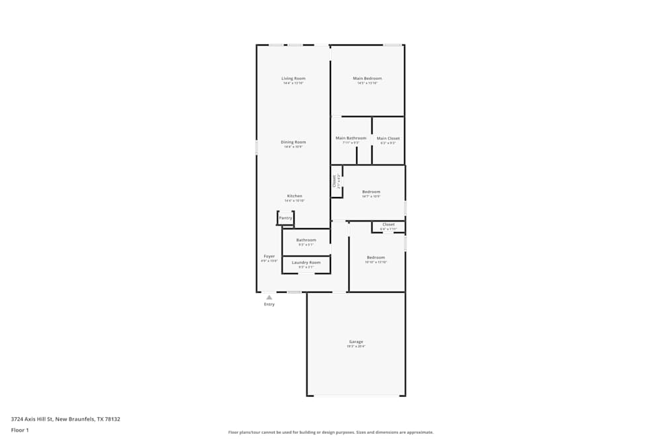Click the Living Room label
click(x=293, y=79)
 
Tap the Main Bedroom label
click(x=367, y=79)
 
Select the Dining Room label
click(x=293, y=142)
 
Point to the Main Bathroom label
click(x=351, y=138)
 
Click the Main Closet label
click(x=388, y=138)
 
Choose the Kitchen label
click(x=295, y=196)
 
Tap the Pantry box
click(x=285, y=218)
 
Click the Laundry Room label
click(x=306, y=262)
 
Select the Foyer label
click(x=269, y=257)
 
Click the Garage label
click(x=356, y=342)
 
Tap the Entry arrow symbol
click(x=269, y=298)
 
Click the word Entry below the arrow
click(x=269, y=304)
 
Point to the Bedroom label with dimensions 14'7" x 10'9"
click(x=371, y=192)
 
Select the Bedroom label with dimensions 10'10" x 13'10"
click(x=376, y=257)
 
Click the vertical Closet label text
click(x=335, y=181)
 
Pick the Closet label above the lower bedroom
click(x=389, y=225)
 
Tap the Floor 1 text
click(x=20, y=430)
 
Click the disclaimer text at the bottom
click(x=331, y=432)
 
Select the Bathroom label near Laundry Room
click(x=306, y=240)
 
